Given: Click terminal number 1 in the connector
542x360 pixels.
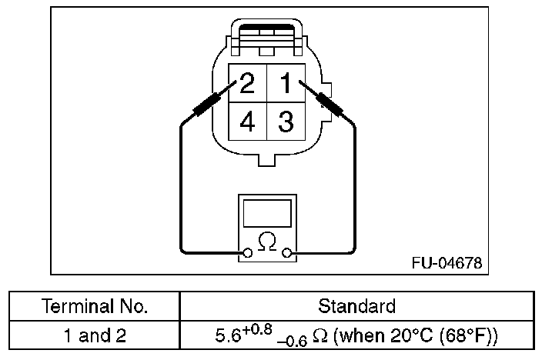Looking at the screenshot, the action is (286, 83).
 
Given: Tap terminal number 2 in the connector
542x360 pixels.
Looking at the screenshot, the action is (247, 83).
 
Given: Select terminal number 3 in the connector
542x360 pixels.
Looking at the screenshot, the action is (286, 122).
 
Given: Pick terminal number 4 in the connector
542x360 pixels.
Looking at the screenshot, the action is (247, 122).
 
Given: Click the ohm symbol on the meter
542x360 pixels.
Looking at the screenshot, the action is (267, 241).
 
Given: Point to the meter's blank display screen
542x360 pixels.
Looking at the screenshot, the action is (267, 213).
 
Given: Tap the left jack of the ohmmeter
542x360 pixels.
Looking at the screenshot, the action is (248, 253).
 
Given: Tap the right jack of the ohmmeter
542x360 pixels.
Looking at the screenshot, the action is (286, 253).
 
